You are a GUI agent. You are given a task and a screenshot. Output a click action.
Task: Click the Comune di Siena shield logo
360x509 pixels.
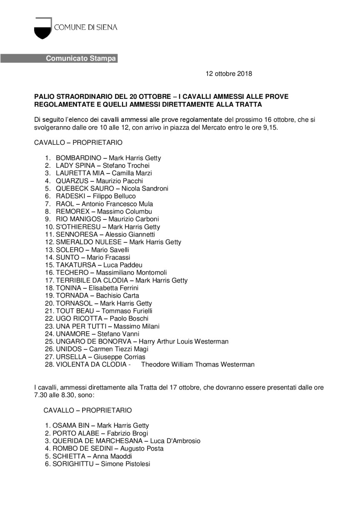(x=43, y=28)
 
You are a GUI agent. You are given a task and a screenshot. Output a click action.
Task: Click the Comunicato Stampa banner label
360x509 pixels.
(x=81, y=58)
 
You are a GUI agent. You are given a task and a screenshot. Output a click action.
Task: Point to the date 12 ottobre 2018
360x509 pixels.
(x=229, y=74)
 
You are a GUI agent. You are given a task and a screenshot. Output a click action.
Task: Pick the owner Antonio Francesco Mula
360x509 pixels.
(x=117, y=204)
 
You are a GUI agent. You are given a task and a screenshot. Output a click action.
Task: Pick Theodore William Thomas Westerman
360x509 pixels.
(x=198, y=364)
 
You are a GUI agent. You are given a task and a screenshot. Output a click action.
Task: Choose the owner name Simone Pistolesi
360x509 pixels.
(x=126, y=464)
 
